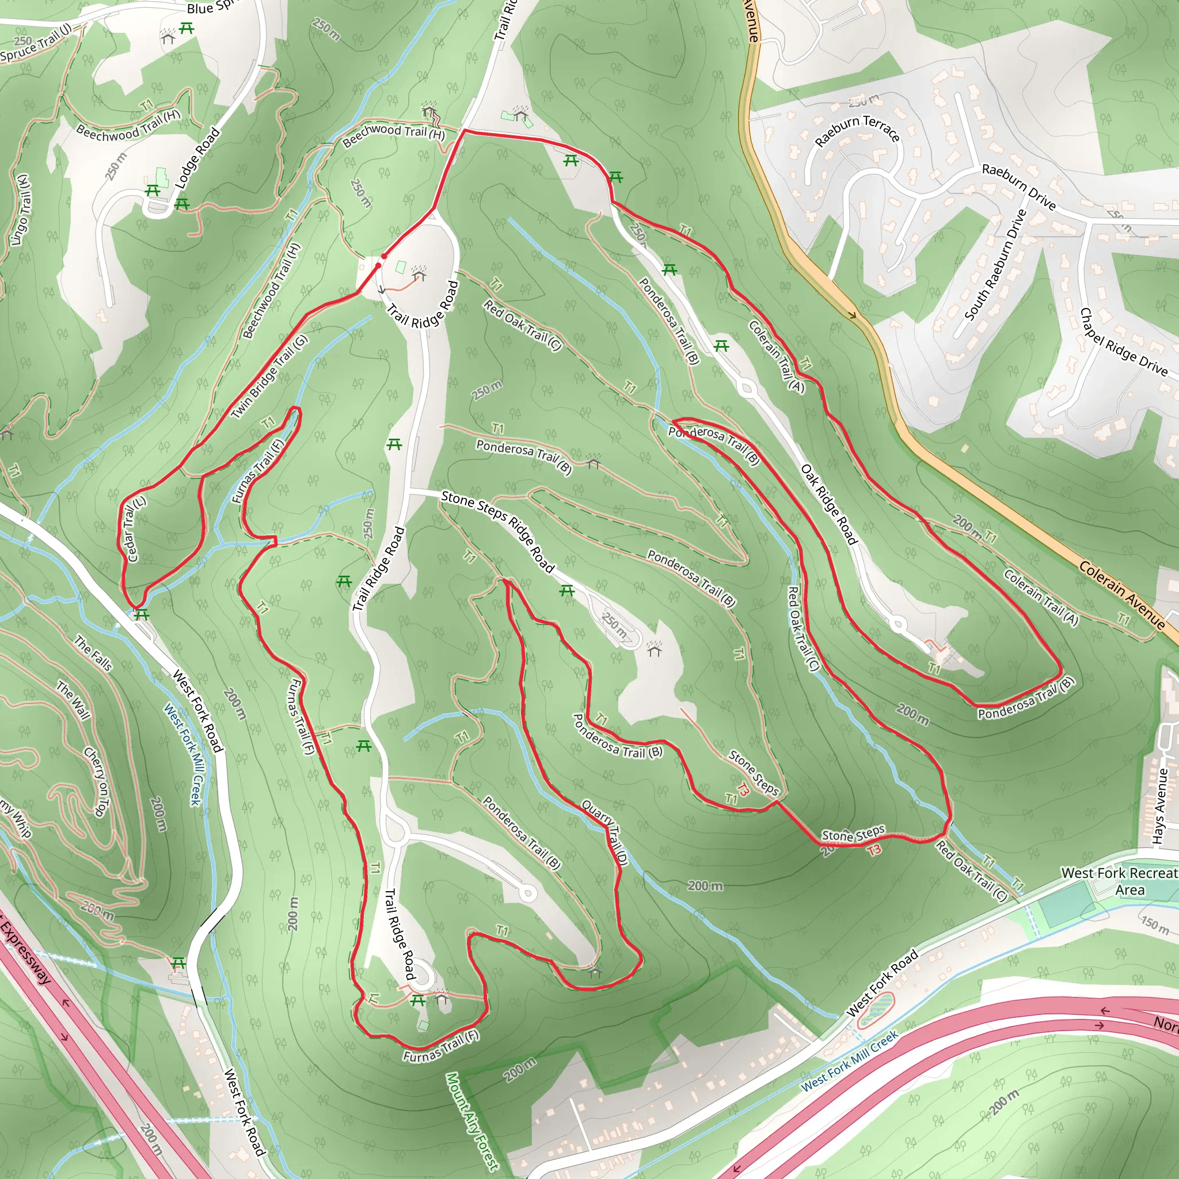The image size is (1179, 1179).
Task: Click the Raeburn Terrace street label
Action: click(x=857, y=130)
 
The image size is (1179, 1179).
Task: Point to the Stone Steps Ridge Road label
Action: click(x=497, y=531)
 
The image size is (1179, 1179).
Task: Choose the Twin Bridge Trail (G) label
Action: click(x=269, y=377)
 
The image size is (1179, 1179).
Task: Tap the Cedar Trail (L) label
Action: click(x=135, y=528)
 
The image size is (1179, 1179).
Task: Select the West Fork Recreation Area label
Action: click(x=1120, y=881)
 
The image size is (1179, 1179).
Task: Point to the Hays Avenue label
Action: click(x=1159, y=806)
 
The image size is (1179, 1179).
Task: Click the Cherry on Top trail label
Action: click(x=95, y=782)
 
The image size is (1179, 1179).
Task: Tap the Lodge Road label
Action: click(x=197, y=158)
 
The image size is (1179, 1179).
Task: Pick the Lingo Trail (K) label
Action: click(x=20, y=210)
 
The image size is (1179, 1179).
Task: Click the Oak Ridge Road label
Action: click(x=830, y=504)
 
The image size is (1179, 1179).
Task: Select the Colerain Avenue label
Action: click(x=1121, y=594)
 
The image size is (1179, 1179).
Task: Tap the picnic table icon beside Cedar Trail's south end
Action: click(x=142, y=614)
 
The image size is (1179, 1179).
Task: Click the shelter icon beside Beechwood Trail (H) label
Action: click(x=429, y=111)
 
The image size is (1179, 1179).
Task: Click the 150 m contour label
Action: click(x=1155, y=925)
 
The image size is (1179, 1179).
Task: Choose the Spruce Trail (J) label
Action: click(x=37, y=44)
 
